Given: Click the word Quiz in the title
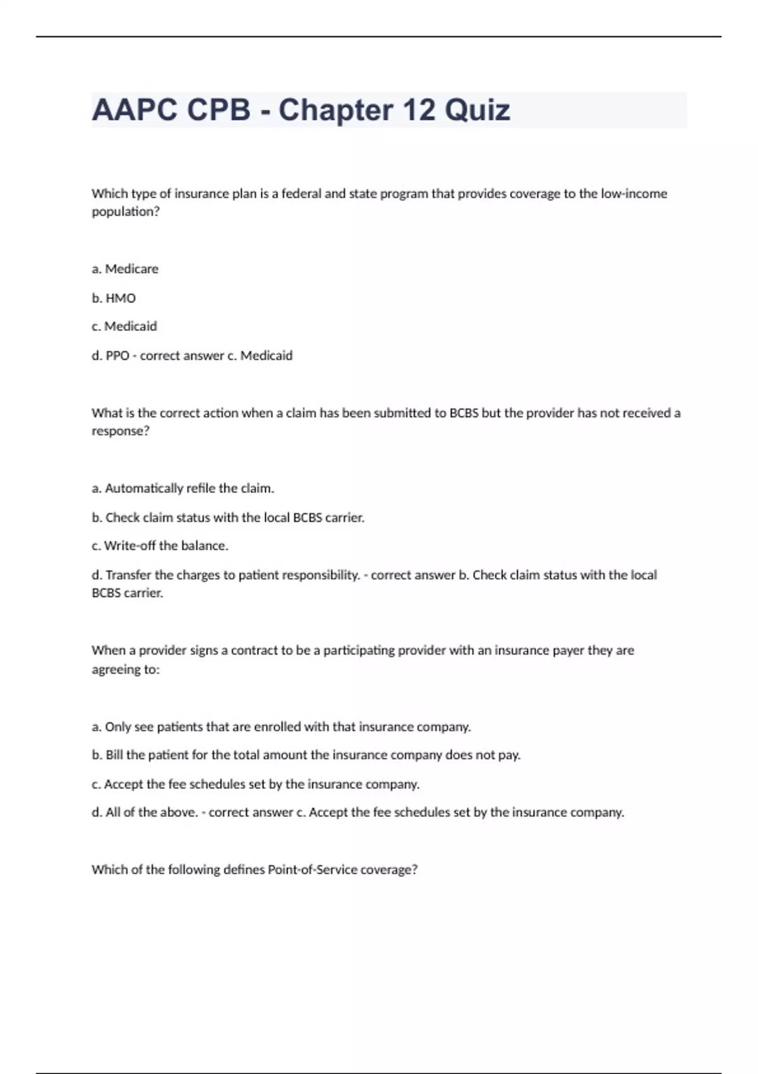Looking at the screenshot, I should pyautogui.click(x=477, y=111).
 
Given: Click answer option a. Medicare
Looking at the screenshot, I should pyautogui.click(x=125, y=269).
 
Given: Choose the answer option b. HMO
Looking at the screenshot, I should pyautogui.click(x=114, y=298).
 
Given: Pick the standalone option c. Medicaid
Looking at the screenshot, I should pyautogui.click(x=124, y=327).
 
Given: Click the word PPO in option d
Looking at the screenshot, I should pyautogui.click(x=117, y=356).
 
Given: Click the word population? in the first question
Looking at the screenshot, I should pyautogui.click(x=126, y=212).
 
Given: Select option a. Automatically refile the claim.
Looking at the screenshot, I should pyautogui.click(x=183, y=488).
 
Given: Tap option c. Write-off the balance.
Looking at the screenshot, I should pyautogui.click(x=160, y=546).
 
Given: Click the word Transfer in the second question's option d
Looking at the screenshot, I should pyautogui.click(x=128, y=575).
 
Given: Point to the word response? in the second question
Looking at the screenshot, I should pyautogui.click(x=121, y=431).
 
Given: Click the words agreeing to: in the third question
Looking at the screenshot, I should pyautogui.click(x=126, y=670).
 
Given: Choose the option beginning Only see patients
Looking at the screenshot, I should pyautogui.click(x=281, y=727).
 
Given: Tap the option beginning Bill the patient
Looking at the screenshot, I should pyautogui.click(x=306, y=755).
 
